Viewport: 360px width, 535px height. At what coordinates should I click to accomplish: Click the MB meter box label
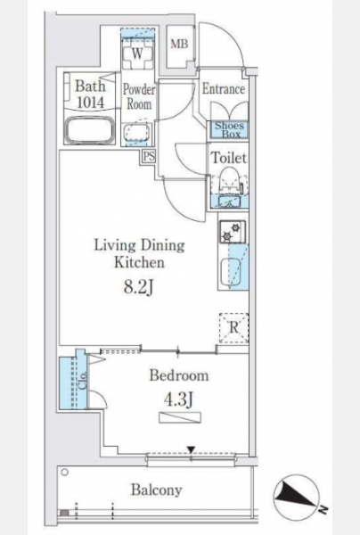coord(179,44)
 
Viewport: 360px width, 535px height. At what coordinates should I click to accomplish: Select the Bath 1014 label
coord(90,94)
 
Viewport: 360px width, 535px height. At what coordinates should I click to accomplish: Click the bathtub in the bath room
coord(90,131)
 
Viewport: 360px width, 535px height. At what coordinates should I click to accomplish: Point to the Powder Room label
coord(138,96)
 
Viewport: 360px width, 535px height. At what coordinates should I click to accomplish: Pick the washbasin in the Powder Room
coord(136,132)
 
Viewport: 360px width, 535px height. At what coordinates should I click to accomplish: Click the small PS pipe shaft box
coord(149,157)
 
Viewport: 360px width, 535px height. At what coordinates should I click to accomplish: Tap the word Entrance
coord(224,89)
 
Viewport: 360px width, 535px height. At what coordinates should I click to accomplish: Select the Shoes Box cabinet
coord(229,129)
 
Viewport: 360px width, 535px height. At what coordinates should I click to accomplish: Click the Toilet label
coord(229,158)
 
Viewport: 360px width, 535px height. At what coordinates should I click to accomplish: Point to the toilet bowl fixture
coord(229,180)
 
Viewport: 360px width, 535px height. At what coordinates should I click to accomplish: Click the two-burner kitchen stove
coord(233,232)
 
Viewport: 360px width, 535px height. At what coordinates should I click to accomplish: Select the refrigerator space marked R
coord(233,328)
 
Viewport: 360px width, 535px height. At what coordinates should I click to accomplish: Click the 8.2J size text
coord(138,287)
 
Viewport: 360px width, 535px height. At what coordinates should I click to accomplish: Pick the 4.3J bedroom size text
coord(178,399)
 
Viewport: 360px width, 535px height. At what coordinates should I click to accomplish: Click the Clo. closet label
coord(83,380)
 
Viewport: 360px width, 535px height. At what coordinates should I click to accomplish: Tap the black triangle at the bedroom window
coord(192,449)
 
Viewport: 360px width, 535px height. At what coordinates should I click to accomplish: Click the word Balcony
coord(157,490)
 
